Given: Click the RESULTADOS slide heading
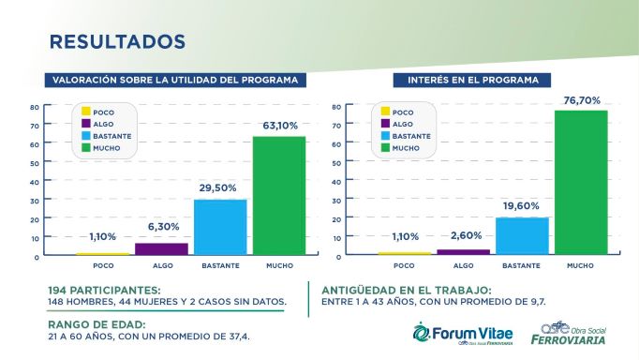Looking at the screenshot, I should click(x=117, y=42).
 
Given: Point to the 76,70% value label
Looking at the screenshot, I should click(x=581, y=99).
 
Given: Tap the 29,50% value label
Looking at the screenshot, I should click(x=219, y=187).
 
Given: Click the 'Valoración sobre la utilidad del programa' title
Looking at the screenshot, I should click(x=177, y=80).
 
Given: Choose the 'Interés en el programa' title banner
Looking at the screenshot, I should click(x=472, y=80).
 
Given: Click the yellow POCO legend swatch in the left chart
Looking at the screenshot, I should click(x=85, y=112).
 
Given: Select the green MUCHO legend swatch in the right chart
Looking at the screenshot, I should click(x=384, y=148).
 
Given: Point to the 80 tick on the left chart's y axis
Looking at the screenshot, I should click(x=34, y=107).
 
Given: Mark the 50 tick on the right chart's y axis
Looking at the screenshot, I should click(x=335, y=163).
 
